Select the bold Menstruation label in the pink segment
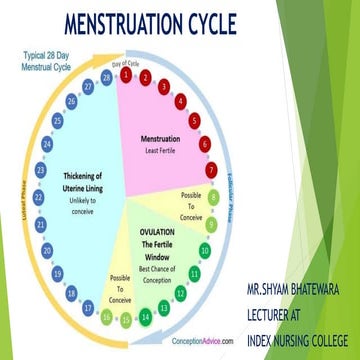(164, 138)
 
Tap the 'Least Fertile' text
(164, 151)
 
